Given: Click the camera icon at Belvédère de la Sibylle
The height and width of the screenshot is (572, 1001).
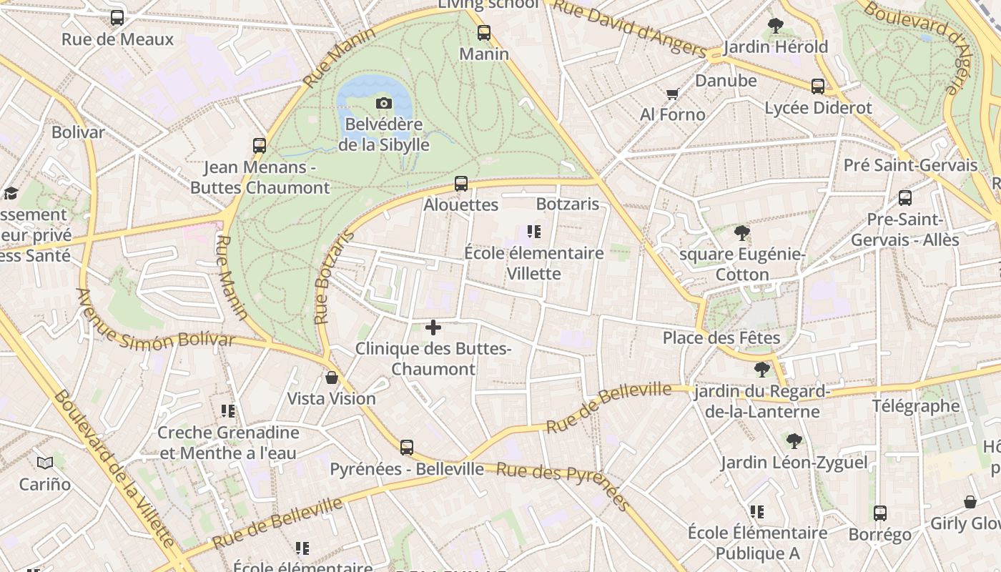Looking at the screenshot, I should [x=384, y=104].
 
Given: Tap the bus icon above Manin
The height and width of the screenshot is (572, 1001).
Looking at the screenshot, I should [x=484, y=33].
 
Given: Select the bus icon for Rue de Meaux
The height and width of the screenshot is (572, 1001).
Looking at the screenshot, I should [x=117, y=18].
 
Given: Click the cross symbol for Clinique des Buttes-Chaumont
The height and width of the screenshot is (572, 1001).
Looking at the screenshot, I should [x=433, y=327].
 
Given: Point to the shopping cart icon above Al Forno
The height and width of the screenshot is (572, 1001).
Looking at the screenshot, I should [x=672, y=94].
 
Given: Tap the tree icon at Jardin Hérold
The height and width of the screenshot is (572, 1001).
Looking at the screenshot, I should [x=776, y=26].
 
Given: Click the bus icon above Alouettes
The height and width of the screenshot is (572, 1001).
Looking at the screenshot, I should [x=461, y=184].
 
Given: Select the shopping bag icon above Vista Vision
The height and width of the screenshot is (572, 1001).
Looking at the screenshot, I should [x=332, y=378].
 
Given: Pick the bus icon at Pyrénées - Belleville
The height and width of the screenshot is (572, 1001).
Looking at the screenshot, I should [x=407, y=448].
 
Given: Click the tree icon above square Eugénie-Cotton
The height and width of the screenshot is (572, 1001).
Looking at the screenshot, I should [x=742, y=233].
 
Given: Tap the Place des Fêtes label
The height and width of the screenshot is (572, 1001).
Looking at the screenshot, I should [x=721, y=337].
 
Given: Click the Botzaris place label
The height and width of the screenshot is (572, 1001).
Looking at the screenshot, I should [x=567, y=204].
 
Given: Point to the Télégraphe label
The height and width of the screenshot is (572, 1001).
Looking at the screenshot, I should [x=915, y=406].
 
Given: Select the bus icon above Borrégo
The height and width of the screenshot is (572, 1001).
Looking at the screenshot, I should [x=880, y=513].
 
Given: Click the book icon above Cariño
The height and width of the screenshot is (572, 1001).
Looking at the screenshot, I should [x=45, y=463].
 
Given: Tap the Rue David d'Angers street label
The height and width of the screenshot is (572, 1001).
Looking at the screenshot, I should [x=630, y=29].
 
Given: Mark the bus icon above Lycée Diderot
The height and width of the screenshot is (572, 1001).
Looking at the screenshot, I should [x=818, y=87].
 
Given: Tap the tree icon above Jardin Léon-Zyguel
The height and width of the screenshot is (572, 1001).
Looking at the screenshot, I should [x=794, y=441].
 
